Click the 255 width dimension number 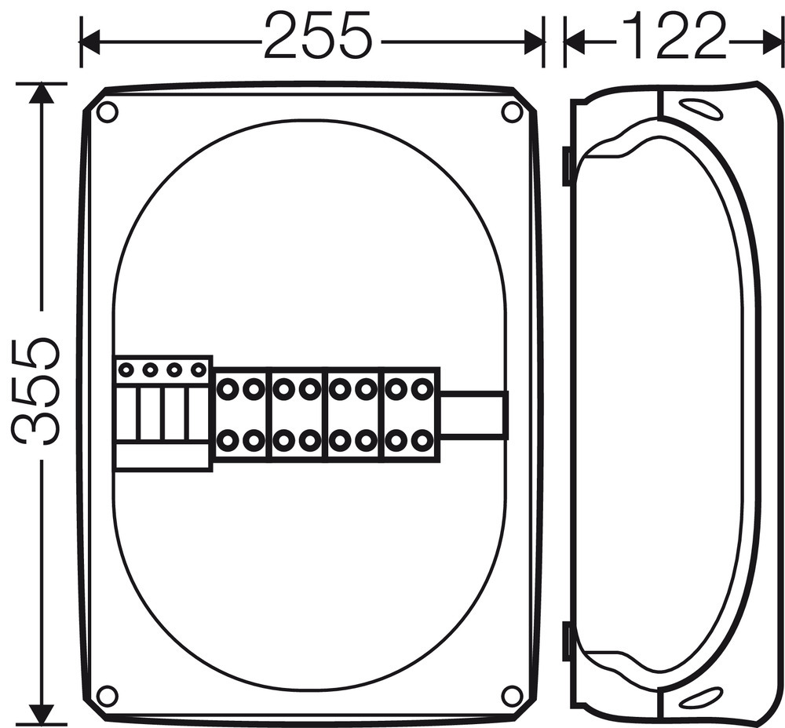(319, 35)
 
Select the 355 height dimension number (35, 391)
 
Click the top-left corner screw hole (107, 112)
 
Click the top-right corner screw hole (512, 112)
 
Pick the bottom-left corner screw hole (107, 694)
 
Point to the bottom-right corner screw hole (512, 694)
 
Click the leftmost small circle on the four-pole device (126, 369)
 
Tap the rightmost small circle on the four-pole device (199, 369)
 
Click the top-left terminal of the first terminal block (227, 388)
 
